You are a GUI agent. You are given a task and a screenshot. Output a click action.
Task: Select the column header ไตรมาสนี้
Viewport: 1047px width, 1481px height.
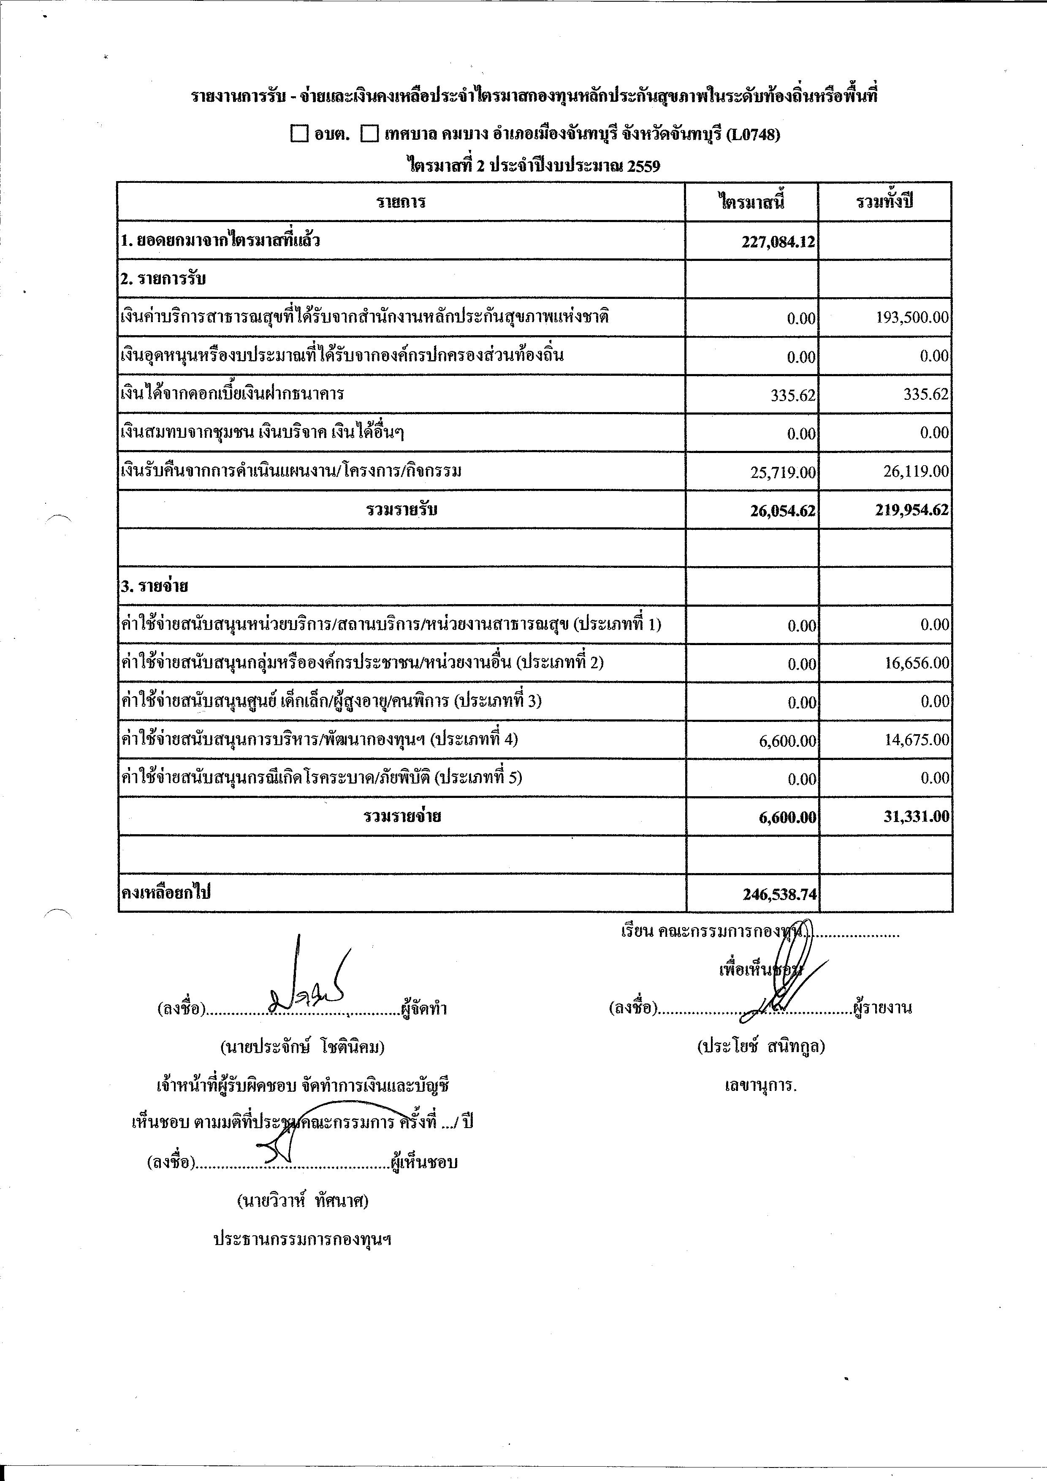coord(751,202)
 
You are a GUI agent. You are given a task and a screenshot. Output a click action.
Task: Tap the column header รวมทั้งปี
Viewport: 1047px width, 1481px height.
coord(884,202)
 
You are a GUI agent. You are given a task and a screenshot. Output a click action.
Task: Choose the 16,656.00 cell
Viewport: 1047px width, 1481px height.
coord(917,663)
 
